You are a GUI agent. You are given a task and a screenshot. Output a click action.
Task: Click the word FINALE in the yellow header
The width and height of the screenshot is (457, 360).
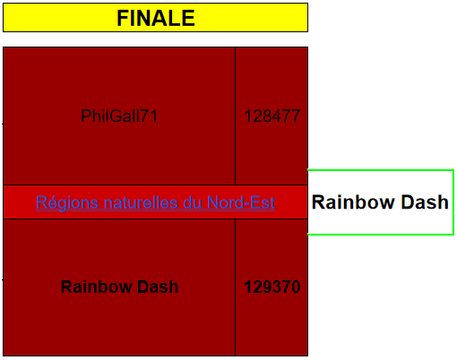156,18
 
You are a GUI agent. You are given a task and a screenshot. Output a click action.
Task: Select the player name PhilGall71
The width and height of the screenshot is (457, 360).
119,116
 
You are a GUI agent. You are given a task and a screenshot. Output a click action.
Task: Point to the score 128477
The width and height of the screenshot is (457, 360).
272,116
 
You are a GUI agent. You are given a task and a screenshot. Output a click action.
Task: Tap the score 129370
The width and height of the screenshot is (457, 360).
272,287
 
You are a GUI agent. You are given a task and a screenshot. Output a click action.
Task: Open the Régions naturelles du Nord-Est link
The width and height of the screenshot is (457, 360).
155,202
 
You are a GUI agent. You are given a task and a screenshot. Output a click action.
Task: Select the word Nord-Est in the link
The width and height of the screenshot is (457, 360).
241,202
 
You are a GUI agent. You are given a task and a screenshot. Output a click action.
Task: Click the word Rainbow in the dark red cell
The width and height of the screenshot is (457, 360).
97,287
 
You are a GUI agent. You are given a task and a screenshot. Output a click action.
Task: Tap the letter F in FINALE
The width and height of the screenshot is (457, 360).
123,18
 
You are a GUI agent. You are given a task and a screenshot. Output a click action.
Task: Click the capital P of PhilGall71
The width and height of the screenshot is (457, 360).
85,116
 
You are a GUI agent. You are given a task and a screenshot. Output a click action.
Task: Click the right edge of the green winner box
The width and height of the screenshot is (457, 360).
453,202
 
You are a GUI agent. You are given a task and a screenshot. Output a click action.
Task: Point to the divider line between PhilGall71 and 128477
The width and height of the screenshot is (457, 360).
236,116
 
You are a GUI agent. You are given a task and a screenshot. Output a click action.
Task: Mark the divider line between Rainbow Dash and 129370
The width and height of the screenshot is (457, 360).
236,287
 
